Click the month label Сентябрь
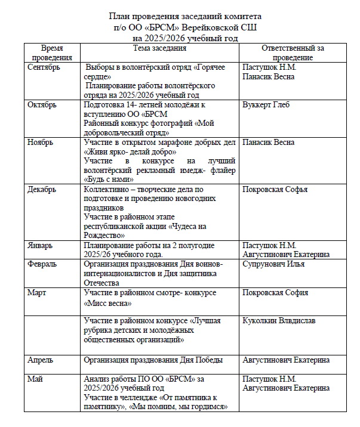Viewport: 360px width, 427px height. click(x=44, y=67)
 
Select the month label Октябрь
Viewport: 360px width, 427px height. click(x=42, y=104)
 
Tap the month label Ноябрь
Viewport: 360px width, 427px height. click(x=41, y=143)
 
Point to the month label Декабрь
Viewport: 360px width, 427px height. click(x=42, y=190)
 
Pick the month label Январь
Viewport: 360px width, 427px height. click(x=40, y=246)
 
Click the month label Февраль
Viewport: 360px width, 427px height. click(x=42, y=264)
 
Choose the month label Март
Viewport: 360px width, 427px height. click(x=37, y=292)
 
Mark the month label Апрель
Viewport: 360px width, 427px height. click(x=41, y=360)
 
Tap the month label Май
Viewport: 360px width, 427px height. click(x=35, y=379)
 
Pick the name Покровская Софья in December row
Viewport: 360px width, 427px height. click(x=275, y=190)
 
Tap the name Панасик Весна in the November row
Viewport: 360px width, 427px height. click(x=269, y=143)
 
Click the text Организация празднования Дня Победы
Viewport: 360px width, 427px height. click(x=154, y=360)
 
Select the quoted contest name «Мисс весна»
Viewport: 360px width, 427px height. click(x=108, y=303)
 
